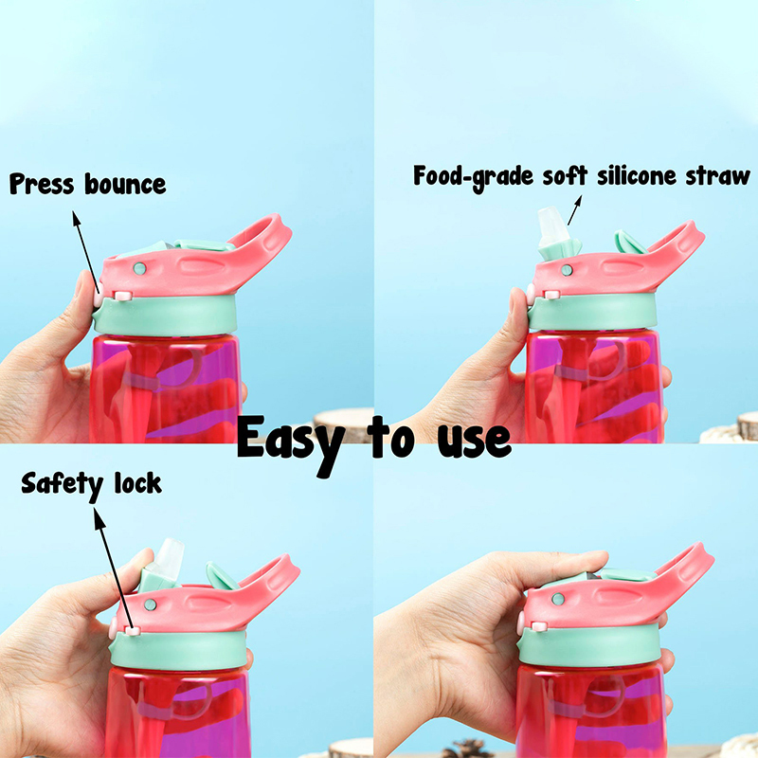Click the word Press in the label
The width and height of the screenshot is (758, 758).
pyautogui.click(x=42, y=184)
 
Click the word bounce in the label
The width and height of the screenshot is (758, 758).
pyautogui.click(x=125, y=184)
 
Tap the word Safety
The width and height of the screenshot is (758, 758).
pyautogui.click(x=63, y=485)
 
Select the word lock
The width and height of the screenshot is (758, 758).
pyautogui.click(x=137, y=483)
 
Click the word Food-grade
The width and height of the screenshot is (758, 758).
pyautogui.click(x=473, y=177)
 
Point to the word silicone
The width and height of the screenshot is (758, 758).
pyautogui.click(x=636, y=176)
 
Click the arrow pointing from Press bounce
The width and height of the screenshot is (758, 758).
pyautogui.click(x=86, y=252)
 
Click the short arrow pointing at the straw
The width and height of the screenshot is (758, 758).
pyautogui.click(x=574, y=209)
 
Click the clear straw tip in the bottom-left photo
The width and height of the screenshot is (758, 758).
pyautogui.click(x=169, y=556)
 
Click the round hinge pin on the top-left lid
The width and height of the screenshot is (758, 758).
pyautogui.click(x=139, y=268)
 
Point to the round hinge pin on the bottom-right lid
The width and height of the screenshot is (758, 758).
pyautogui.click(x=558, y=600)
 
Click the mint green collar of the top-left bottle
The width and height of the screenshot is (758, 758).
pyautogui.click(x=165, y=315)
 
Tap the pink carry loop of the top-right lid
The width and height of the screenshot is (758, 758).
pyautogui.click(x=677, y=244)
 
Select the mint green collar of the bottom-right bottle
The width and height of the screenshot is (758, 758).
pyautogui.click(x=590, y=644)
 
